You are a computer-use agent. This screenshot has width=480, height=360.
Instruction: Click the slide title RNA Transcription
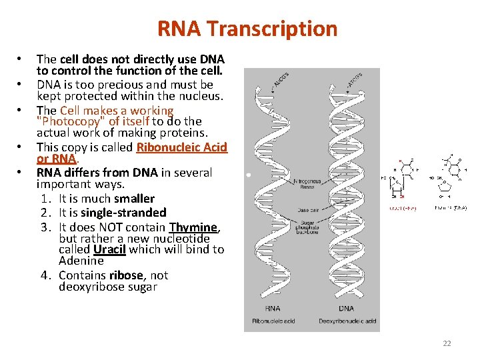point(247,29)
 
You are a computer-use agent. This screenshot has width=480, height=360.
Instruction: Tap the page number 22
point(447,343)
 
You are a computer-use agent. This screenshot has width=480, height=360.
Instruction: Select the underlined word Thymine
point(194,227)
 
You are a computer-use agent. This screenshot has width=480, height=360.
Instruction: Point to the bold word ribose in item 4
point(126,275)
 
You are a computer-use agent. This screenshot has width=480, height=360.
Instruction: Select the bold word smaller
point(134,199)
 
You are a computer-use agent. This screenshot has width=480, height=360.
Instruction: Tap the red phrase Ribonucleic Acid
point(182,147)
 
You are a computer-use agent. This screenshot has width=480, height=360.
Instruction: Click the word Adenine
point(81,261)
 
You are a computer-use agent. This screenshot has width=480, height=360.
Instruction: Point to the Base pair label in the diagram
point(311,210)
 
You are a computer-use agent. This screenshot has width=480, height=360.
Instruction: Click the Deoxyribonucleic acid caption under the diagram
point(347,321)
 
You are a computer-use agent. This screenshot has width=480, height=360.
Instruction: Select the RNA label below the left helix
point(272,309)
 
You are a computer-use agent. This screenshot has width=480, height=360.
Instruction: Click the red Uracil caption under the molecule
point(402,209)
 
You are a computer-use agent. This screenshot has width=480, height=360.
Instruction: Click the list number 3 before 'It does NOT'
point(44,227)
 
